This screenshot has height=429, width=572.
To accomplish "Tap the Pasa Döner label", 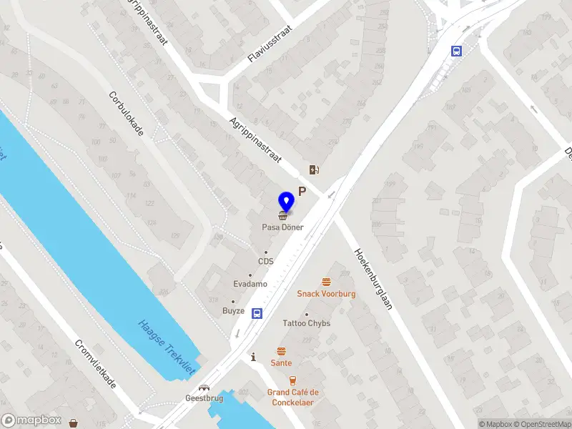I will point(282,227).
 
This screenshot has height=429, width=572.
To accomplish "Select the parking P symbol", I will point(302,191).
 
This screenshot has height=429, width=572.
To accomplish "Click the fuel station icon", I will point(313,169).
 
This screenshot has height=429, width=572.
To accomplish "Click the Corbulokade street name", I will point(127,114).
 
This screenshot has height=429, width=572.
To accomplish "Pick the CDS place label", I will point(266,261).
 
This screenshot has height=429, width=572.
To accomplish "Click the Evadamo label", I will point(250,284).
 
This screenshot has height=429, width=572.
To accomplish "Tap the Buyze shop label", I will point(233,311).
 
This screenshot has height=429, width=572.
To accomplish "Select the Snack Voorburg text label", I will point(326,294).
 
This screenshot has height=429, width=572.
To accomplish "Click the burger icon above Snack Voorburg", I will point(327,282).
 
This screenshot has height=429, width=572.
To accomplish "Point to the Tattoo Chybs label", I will point(306,323).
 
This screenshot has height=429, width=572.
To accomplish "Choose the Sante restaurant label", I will point(281,363).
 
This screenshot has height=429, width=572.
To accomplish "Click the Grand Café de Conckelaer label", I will point(293,397).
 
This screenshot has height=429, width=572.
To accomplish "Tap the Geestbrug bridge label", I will point(204,398).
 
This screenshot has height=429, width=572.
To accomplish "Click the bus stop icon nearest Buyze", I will point(257,312).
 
